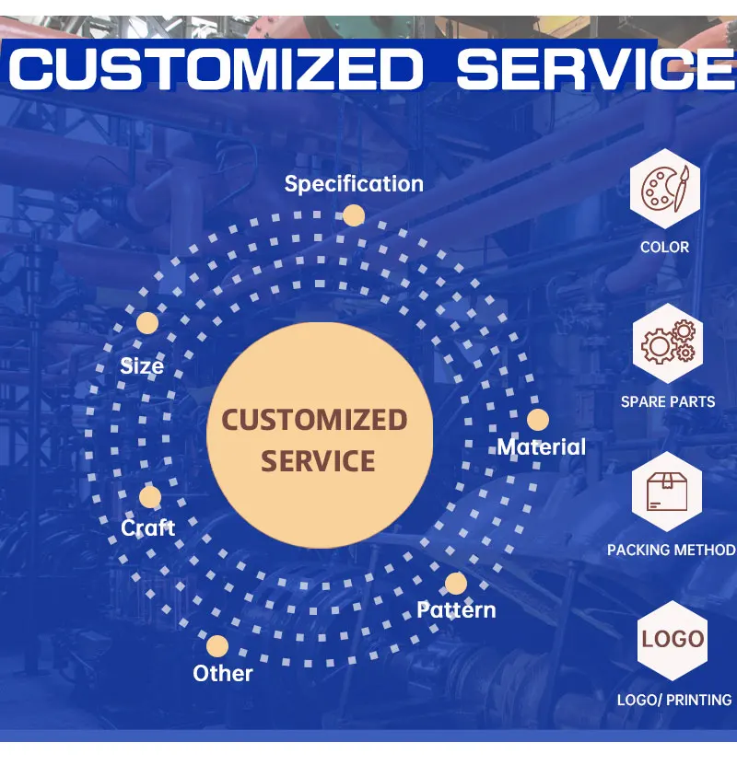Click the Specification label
point(354,183)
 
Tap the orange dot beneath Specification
point(354,215)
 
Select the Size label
point(142,365)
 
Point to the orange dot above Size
point(146,322)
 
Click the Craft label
point(147,527)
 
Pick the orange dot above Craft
point(150,497)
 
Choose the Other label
point(222,673)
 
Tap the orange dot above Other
point(217,645)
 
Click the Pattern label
point(456,609)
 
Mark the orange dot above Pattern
point(455,583)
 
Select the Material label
point(541,447)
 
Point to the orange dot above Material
point(538,420)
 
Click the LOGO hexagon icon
point(673,639)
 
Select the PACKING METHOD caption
point(671,550)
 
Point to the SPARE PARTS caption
point(668,401)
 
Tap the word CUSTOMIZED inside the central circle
point(314,421)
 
